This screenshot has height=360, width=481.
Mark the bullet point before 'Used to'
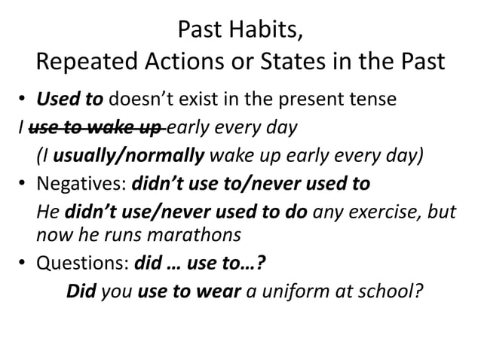click(x=23, y=100)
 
